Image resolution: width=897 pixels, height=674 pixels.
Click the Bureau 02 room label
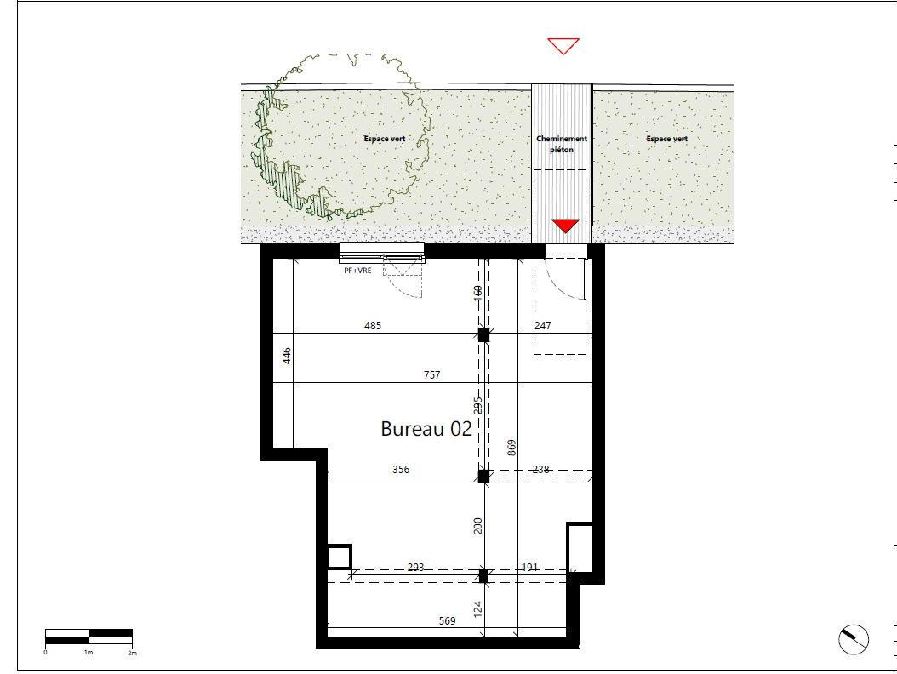tap(426, 429)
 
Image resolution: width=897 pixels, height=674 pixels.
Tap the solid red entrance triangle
tap(565, 226)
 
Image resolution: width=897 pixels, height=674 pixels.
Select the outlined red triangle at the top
tap(563, 46)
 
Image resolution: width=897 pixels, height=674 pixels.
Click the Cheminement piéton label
tap(562, 144)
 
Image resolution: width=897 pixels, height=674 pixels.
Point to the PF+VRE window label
tap(357, 271)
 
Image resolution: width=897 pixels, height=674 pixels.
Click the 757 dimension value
tap(432, 374)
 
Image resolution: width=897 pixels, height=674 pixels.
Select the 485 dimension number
tap(373, 326)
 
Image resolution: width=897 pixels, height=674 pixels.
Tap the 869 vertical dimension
tap(512, 448)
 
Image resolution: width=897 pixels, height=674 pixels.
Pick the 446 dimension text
tap(287, 356)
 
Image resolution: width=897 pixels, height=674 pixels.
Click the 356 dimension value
tap(401, 469)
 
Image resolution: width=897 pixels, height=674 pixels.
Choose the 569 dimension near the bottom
tap(448, 620)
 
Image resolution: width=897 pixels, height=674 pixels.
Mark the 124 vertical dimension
tap(478, 608)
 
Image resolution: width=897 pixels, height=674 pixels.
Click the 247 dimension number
tap(543, 326)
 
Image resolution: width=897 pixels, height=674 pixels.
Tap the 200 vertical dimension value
tap(478, 526)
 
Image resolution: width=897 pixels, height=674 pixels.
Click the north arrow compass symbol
tap(854, 639)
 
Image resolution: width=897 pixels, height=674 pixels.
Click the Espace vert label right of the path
tap(667, 139)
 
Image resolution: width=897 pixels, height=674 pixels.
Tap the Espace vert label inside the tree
tap(385, 139)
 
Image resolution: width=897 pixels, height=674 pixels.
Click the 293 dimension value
tap(416, 567)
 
